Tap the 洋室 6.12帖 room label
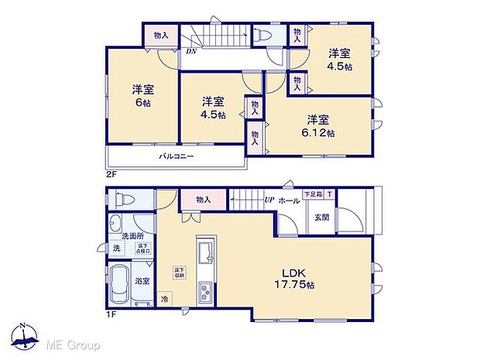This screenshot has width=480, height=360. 319,125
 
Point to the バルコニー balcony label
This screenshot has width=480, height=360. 177,156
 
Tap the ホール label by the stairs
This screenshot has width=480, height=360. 289,201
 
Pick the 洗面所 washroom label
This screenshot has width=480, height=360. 128,235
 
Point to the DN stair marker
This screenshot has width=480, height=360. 190,52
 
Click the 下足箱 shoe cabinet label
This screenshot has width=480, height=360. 312,194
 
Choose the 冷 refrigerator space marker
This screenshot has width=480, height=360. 165,297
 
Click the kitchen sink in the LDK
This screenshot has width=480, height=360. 207,252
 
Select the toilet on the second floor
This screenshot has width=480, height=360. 259,36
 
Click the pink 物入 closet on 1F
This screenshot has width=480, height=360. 204,200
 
